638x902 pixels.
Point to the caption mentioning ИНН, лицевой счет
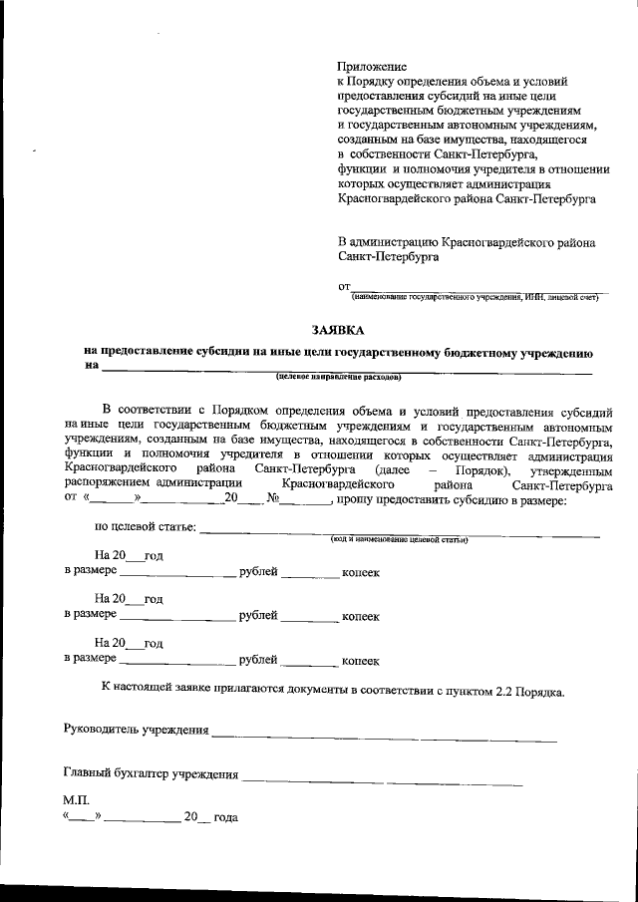tap(474, 296)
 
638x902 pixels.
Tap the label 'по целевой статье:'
tap(145, 527)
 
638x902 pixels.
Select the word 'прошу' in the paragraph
tap(354, 499)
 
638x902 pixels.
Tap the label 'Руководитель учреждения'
tap(137, 732)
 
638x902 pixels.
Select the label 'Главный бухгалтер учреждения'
tap(152, 773)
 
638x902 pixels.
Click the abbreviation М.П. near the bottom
tap(76, 800)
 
